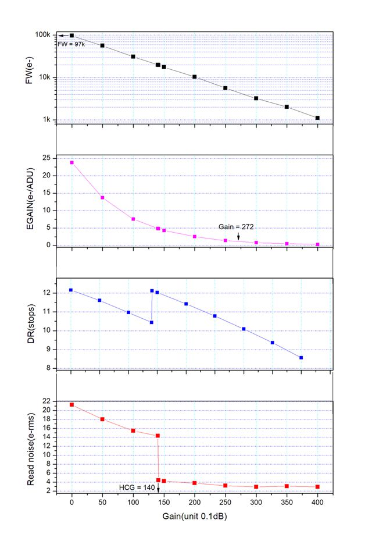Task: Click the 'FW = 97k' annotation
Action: coord(71,43)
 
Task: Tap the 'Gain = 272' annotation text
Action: coord(237,226)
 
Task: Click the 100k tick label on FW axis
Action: coord(43,35)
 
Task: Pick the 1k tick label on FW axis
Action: coord(46,120)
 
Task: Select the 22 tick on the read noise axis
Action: coord(46,401)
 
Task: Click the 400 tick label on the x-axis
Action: coord(317,501)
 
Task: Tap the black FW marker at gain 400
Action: coord(317,118)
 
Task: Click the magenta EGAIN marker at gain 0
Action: coord(71,162)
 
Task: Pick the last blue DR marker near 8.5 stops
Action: coord(301,358)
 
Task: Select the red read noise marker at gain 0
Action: coord(71,405)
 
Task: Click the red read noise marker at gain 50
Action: coord(102,419)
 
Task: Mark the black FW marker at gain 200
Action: coord(194,77)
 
